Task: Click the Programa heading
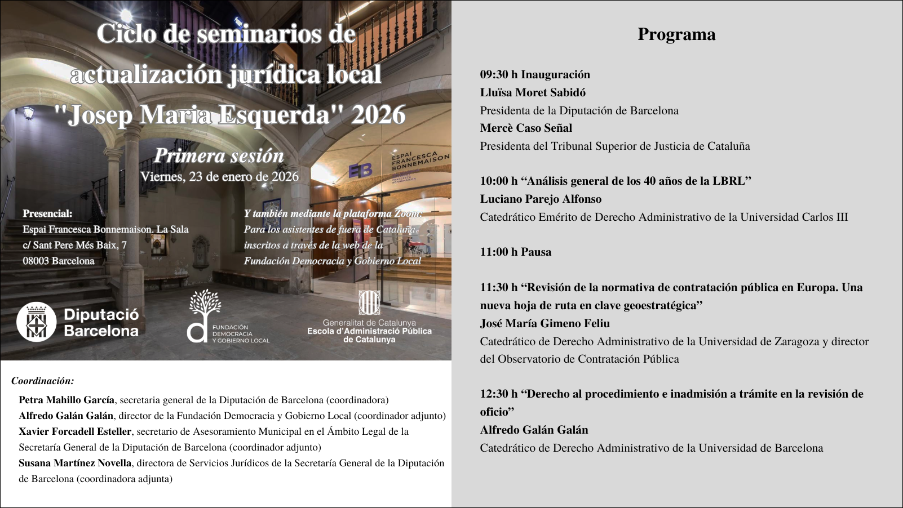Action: pos(676,34)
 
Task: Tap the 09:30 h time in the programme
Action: pos(498,74)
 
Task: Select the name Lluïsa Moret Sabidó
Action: pos(533,92)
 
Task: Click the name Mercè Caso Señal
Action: pos(526,128)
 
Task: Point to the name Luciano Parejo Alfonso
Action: pos(541,199)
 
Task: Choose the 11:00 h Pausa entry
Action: pos(515,252)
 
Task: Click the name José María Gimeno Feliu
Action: pos(545,323)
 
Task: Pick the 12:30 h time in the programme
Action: pos(498,394)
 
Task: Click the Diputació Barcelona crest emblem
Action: pos(37,323)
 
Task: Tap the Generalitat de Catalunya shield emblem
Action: pos(369,303)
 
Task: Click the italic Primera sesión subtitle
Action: pos(219,155)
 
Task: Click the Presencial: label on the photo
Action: pos(47,213)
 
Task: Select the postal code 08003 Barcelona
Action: pos(59,261)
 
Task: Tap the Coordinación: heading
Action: pos(43,381)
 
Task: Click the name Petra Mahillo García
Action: pos(67,400)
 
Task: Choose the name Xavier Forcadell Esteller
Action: pos(75,431)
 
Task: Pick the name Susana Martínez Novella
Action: pos(75,463)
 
